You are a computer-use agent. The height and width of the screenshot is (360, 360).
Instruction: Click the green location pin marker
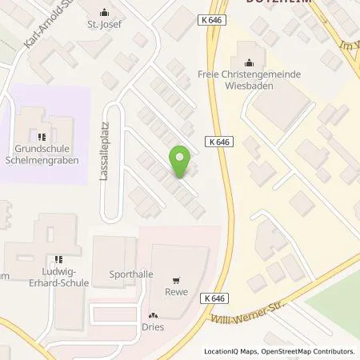(x=181, y=162)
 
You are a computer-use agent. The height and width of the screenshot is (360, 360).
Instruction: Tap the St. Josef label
(x=103, y=24)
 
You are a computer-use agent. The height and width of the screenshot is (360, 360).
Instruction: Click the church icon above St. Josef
(x=103, y=13)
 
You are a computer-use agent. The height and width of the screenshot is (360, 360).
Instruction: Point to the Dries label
(x=153, y=326)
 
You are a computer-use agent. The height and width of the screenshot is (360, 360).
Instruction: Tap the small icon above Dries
(x=153, y=315)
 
